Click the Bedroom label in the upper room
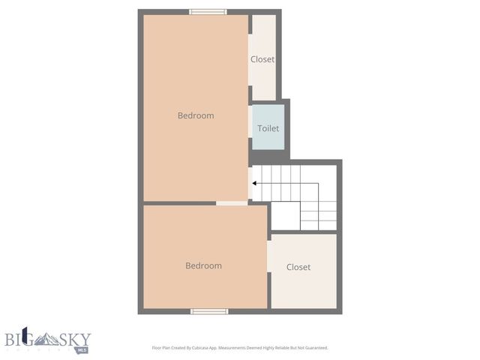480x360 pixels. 196,115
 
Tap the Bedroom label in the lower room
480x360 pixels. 204,265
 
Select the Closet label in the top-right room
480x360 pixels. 262,59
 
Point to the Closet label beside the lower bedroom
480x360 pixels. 298,267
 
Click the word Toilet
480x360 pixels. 268,128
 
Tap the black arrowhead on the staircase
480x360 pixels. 255,183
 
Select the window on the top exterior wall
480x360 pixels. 208,11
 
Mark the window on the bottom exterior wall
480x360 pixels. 209,311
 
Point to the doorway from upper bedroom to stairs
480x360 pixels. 250,182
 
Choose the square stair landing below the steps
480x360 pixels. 285,216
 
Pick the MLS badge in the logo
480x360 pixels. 82,349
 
